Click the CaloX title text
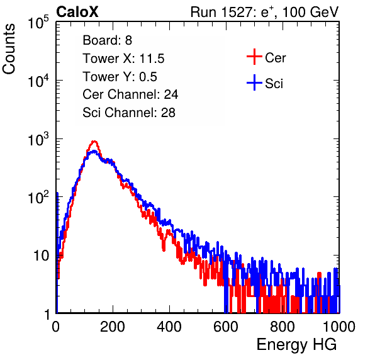(x=77, y=12)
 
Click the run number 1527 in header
(x=237, y=12)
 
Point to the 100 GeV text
(x=310, y=12)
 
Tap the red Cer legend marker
(x=254, y=57)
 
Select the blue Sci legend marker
(x=254, y=83)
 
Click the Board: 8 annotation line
(x=107, y=40)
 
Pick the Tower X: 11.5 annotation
(x=123, y=59)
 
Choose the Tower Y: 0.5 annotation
(x=120, y=77)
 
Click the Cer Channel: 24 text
(x=130, y=94)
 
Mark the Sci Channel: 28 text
(x=129, y=113)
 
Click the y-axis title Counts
(x=9, y=49)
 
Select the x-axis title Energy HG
(x=296, y=345)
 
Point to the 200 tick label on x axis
(x=113, y=327)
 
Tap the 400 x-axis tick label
(x=169, y=327)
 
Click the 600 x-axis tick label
(x=226, y=327)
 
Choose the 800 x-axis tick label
(x=283, y=327)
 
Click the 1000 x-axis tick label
(x=339, y=327)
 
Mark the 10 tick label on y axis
(x=42, y=256)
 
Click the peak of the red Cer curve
(x=94, y=142)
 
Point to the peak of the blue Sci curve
(x=94, y=151)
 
